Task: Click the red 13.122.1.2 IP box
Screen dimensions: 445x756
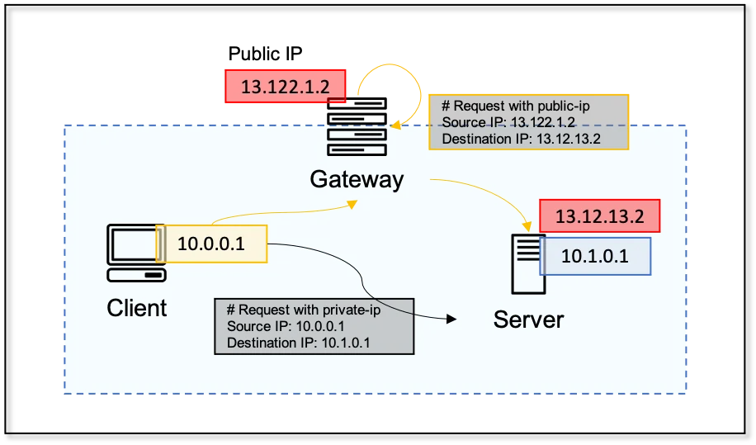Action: (x=285, y=86)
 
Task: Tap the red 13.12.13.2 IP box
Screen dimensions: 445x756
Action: (x=599, y=217)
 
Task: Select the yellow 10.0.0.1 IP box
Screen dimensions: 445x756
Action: (x=211, y=244)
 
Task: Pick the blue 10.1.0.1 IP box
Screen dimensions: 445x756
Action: (x=595, y=256)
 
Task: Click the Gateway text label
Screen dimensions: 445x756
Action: (x=357, y=179)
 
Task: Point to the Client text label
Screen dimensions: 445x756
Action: (x=137, y=308)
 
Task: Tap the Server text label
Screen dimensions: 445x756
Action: (x=528, y=319)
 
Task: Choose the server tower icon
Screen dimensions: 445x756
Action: (x=527, y=263)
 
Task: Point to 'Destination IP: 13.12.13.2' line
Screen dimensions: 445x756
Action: (x=521, y=139)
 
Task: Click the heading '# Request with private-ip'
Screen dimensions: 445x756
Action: (x=300, y=310)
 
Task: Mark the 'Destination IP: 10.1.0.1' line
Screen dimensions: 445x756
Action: (x=297, y=343)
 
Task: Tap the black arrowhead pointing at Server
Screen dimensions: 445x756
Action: (x=451, y=316)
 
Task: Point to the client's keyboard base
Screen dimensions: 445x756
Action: (x=137, y=274)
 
